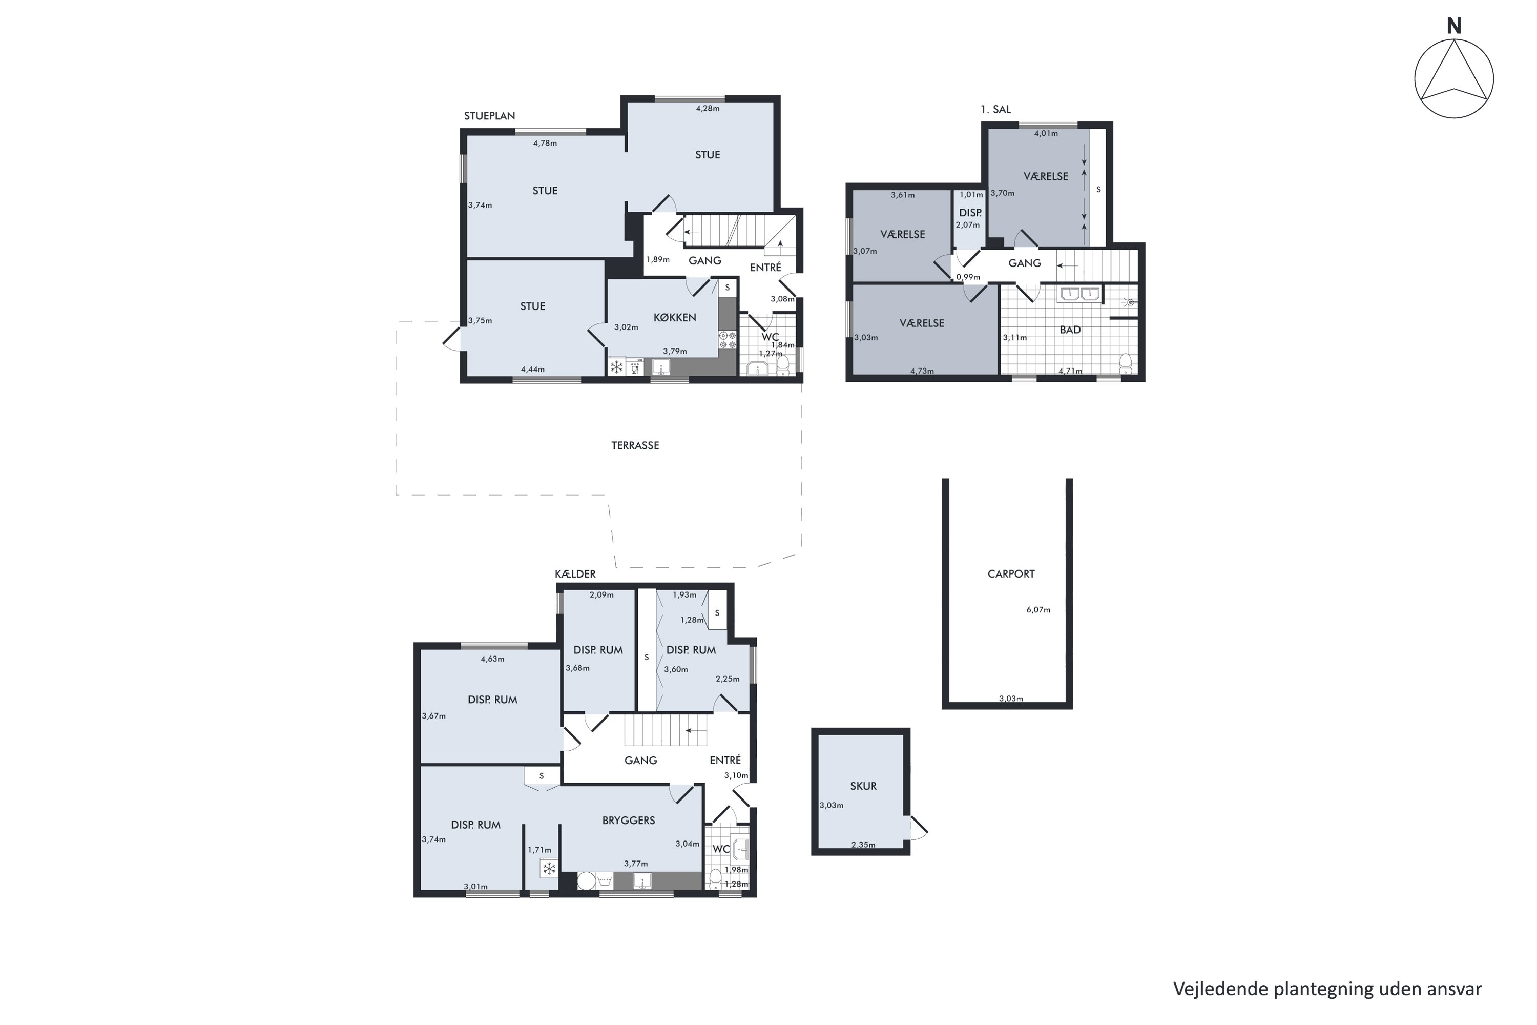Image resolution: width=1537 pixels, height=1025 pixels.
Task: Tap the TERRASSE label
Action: coord(635,446)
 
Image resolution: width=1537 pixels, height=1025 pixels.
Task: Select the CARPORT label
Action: coord(1011,574)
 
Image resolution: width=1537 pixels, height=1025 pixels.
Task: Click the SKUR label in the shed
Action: coord(863,786)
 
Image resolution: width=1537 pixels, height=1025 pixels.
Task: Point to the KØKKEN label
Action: coord(674,317)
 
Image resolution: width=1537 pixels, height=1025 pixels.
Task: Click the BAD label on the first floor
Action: coord(1070,330)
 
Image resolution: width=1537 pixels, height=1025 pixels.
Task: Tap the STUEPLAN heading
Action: coord(489,116)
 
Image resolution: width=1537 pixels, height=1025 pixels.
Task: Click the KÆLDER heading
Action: coord(575,574)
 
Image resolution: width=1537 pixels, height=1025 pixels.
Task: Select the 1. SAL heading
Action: coord(995,109)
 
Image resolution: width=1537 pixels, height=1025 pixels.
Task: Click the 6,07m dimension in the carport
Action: coord(1038,610)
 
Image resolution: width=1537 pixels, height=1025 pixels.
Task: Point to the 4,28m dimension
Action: coord(707,109)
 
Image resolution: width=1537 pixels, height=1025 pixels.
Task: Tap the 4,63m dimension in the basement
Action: coord(492,659)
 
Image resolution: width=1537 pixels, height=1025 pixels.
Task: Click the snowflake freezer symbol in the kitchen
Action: coord(616,367)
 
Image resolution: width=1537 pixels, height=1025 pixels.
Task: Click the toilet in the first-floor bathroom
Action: coord(1125,363)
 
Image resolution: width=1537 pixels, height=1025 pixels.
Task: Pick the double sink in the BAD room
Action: coord(1079,294)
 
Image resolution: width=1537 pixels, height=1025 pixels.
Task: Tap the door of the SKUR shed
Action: coord(916,828)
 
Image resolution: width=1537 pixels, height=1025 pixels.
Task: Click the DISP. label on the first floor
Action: coord(970,213)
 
